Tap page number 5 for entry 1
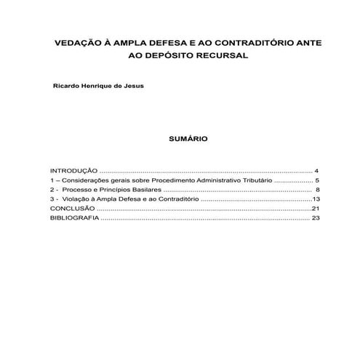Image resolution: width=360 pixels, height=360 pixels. (317, 179)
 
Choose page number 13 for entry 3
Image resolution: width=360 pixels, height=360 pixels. (316, 199)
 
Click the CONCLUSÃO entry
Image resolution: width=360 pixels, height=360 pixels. (72, 208)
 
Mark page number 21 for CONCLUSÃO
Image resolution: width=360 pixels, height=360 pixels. (316, 208)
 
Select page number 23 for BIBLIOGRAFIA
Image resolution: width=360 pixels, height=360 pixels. (316, 217)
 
